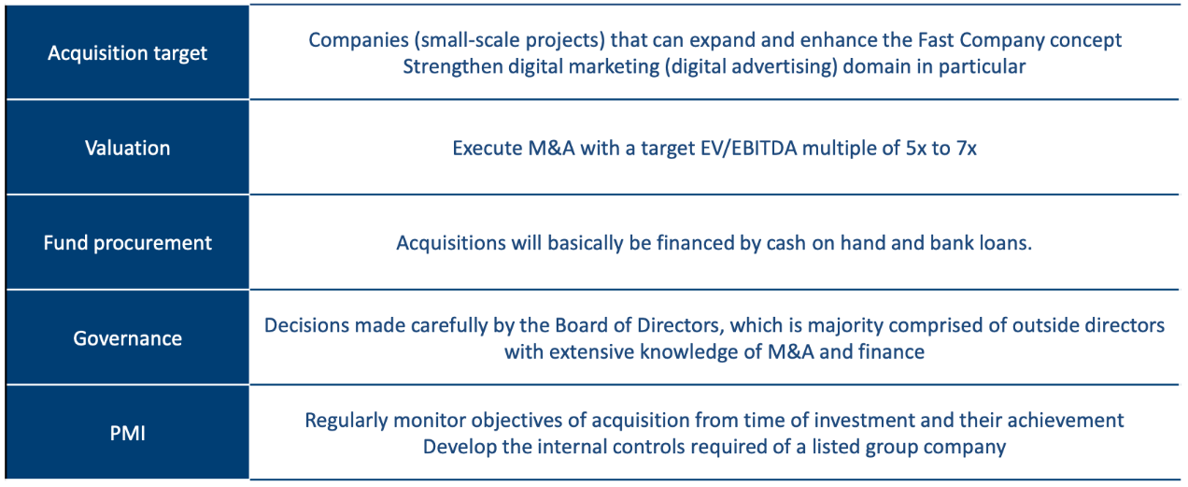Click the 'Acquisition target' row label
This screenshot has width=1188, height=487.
pos(127,53)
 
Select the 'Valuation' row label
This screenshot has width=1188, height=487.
pos(127,149)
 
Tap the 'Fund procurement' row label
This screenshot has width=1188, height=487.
pos(127,243)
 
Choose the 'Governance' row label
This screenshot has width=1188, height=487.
pos(127,338)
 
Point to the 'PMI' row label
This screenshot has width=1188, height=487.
pos(127,434)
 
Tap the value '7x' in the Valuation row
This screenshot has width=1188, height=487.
pos(967,149)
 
